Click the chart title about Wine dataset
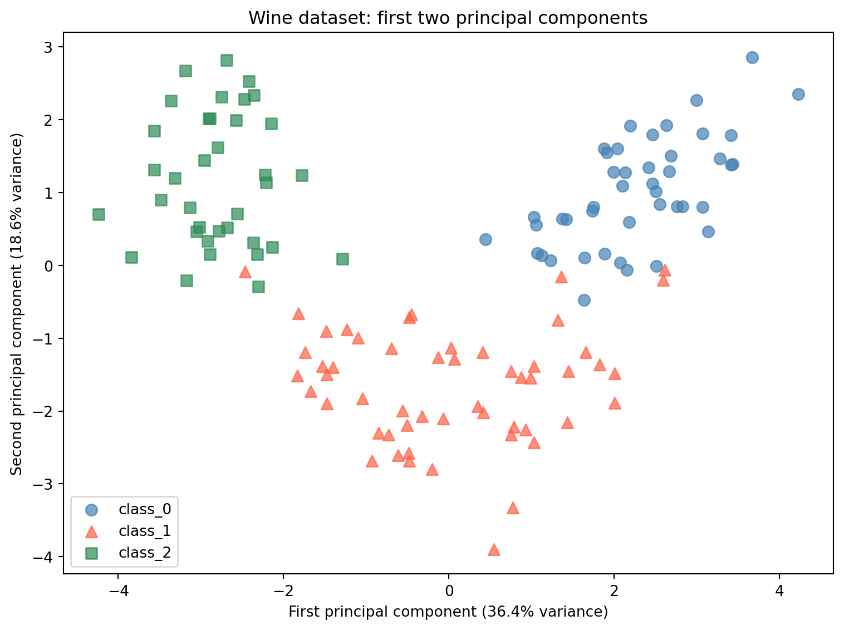(448, 18)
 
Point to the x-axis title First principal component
(448, 612)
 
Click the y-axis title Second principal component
(17, 304)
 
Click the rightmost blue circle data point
(798, 94)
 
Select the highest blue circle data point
(752, 57)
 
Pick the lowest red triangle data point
(494, 550)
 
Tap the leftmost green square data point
(99, 214)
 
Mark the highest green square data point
(227, 60)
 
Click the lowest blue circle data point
(584, 300)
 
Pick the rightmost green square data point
(342, 259)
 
